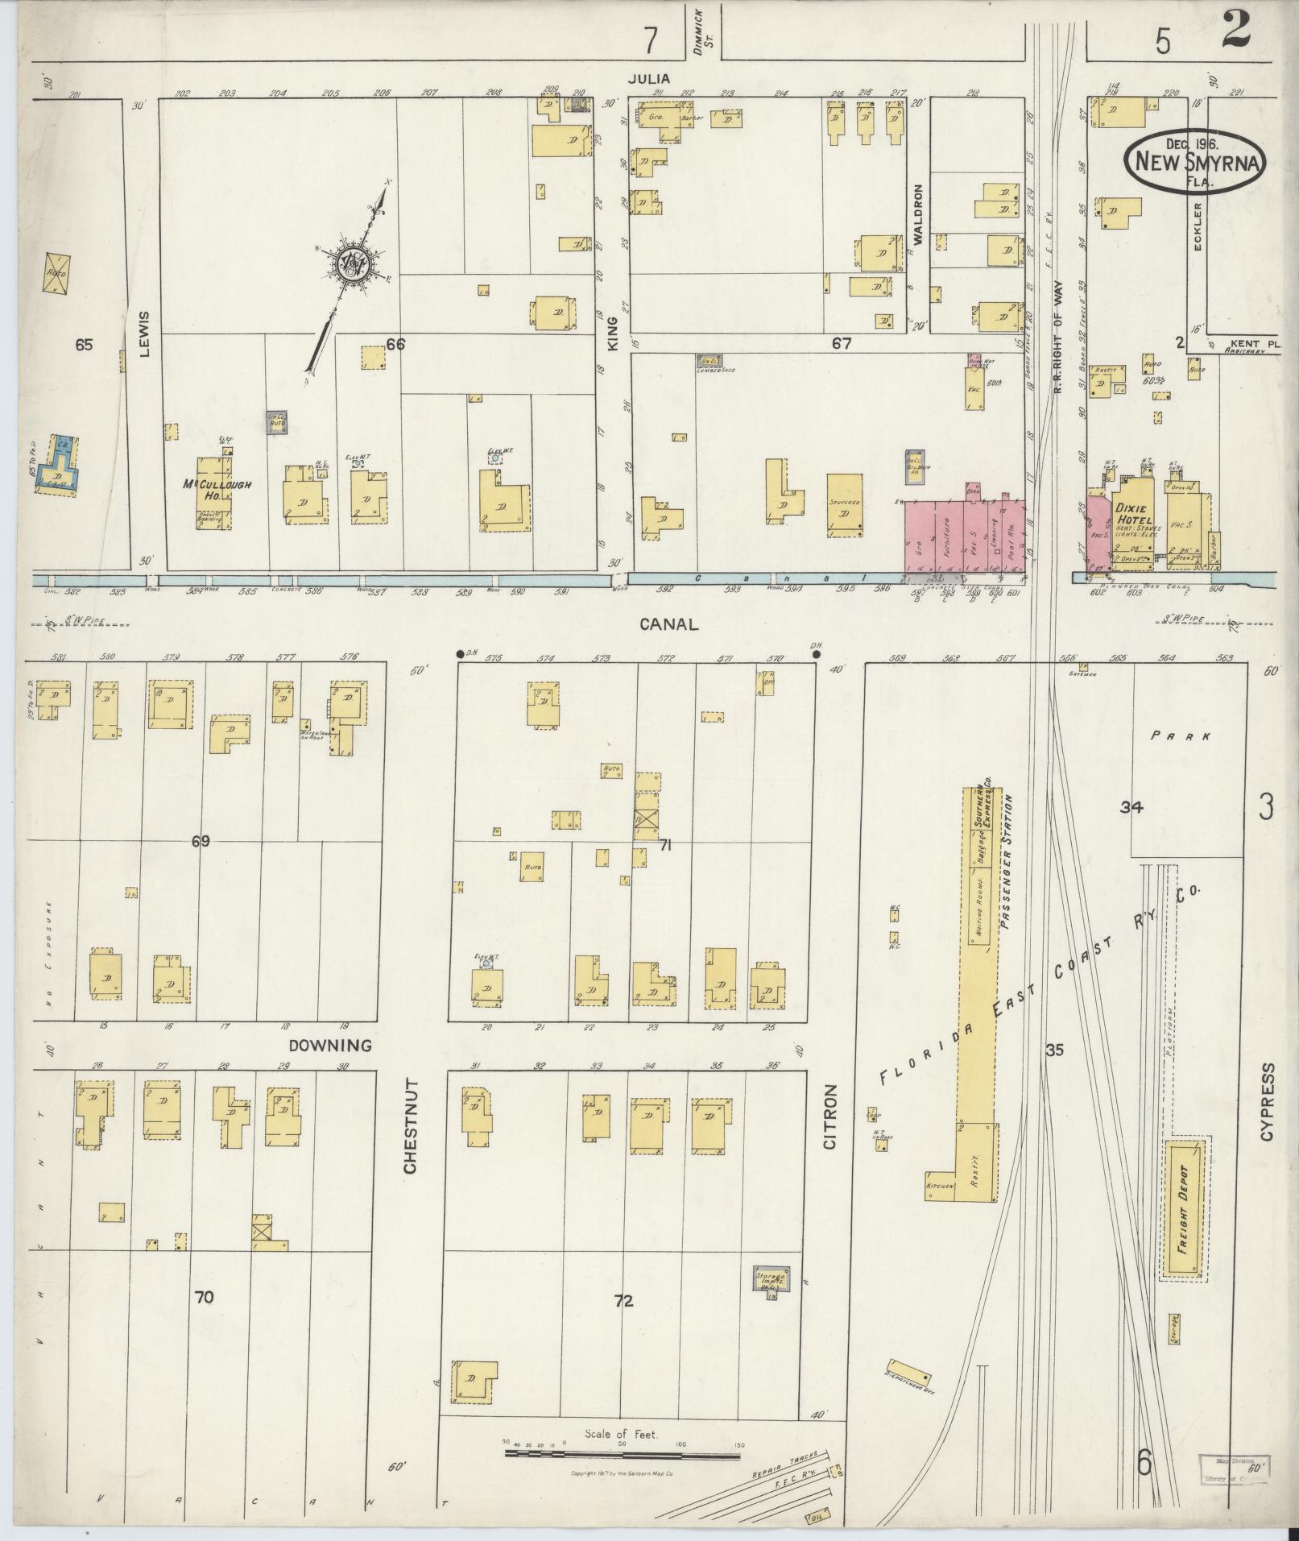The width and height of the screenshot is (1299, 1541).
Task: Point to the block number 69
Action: click(201, 842)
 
